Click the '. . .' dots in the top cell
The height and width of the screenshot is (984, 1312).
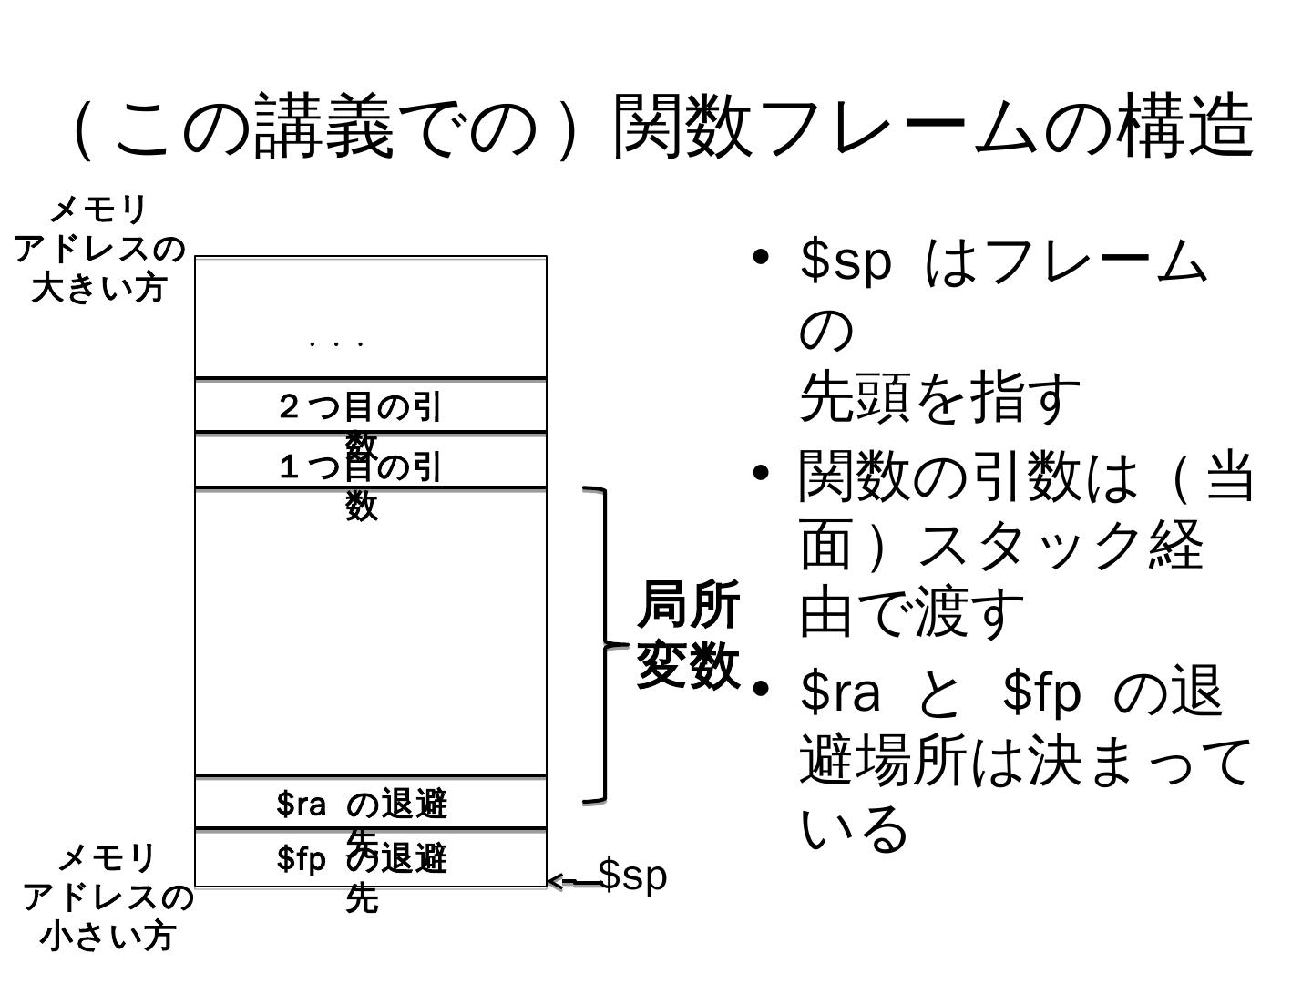[x=337, y=344]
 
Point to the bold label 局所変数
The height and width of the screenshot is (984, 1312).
[x=688, y=634]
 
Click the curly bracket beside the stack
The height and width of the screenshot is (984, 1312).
[x=603, y=645]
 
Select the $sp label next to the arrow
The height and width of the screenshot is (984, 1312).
[x=633, y=876]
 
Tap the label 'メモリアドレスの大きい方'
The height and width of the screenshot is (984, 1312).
[x=98, y=248]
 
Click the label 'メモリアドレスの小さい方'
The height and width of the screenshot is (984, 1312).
[x=107, y=897]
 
